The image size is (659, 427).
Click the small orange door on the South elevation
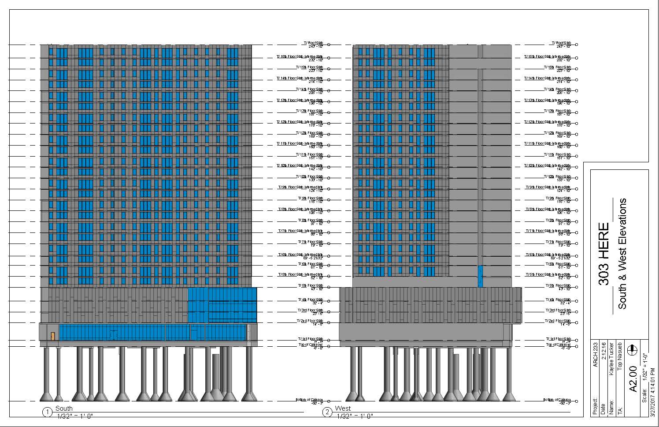[52, 336]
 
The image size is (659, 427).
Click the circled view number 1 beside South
[47, 412]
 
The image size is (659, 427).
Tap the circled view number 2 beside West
[327, 412]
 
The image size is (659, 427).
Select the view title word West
[343, 408]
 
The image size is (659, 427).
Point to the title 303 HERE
[603, 254]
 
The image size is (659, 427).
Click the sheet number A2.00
[633, 378]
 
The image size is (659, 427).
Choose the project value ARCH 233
[596, 355]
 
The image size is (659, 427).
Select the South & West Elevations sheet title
[622, 254]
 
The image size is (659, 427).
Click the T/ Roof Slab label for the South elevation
[313, 43]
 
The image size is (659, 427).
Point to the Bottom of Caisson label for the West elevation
[557, 400]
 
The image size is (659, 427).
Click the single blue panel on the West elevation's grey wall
[480, 276]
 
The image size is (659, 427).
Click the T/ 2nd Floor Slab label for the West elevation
[558, 321]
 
